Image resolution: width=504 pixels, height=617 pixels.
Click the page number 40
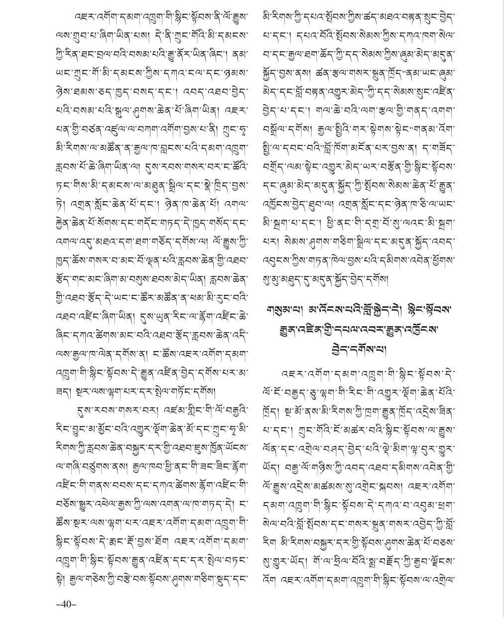[x=66, y=604]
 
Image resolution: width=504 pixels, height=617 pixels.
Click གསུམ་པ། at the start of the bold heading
[x=281, y=311]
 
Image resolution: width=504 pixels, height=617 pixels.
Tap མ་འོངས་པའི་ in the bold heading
[x=324, y=311]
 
